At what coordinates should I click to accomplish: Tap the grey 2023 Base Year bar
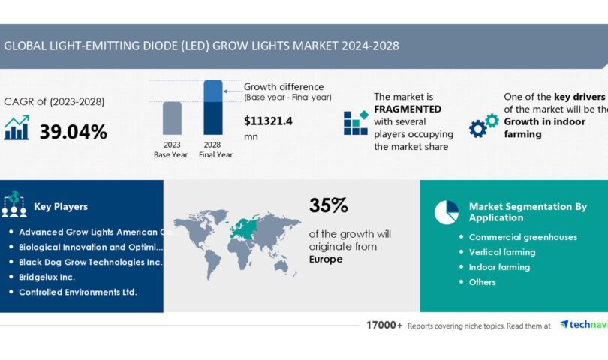tap(172, 120)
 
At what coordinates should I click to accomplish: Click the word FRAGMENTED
tap(408, 109)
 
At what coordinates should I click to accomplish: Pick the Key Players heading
tap(61, 206)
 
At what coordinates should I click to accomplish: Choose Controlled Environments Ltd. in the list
tap(77, 292)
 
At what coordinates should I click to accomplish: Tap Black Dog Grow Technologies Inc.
tap(90, 262)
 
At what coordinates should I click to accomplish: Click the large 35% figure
tap(328, 205)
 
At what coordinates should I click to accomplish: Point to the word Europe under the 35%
tap(326, 259)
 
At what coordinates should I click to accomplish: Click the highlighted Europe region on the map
tap(245, 227)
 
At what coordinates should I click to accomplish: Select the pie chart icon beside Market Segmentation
tap(446, 212)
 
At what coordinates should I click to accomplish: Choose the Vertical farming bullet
tap(501, 252)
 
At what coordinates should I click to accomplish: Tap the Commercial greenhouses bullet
tap(522, 237)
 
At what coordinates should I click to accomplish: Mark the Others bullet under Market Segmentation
tap(482, 282)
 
